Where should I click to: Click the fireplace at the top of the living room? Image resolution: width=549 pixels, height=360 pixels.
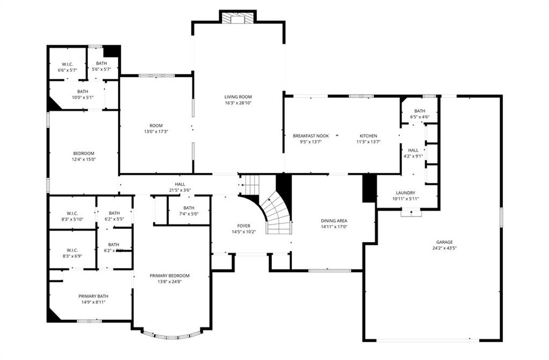point(238,18)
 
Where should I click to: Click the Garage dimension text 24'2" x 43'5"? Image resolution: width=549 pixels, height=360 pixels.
point(444,248)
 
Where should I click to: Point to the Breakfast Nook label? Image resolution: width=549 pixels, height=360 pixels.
point(310,136)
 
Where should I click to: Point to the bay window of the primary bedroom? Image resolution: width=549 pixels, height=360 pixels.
point(172,336)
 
